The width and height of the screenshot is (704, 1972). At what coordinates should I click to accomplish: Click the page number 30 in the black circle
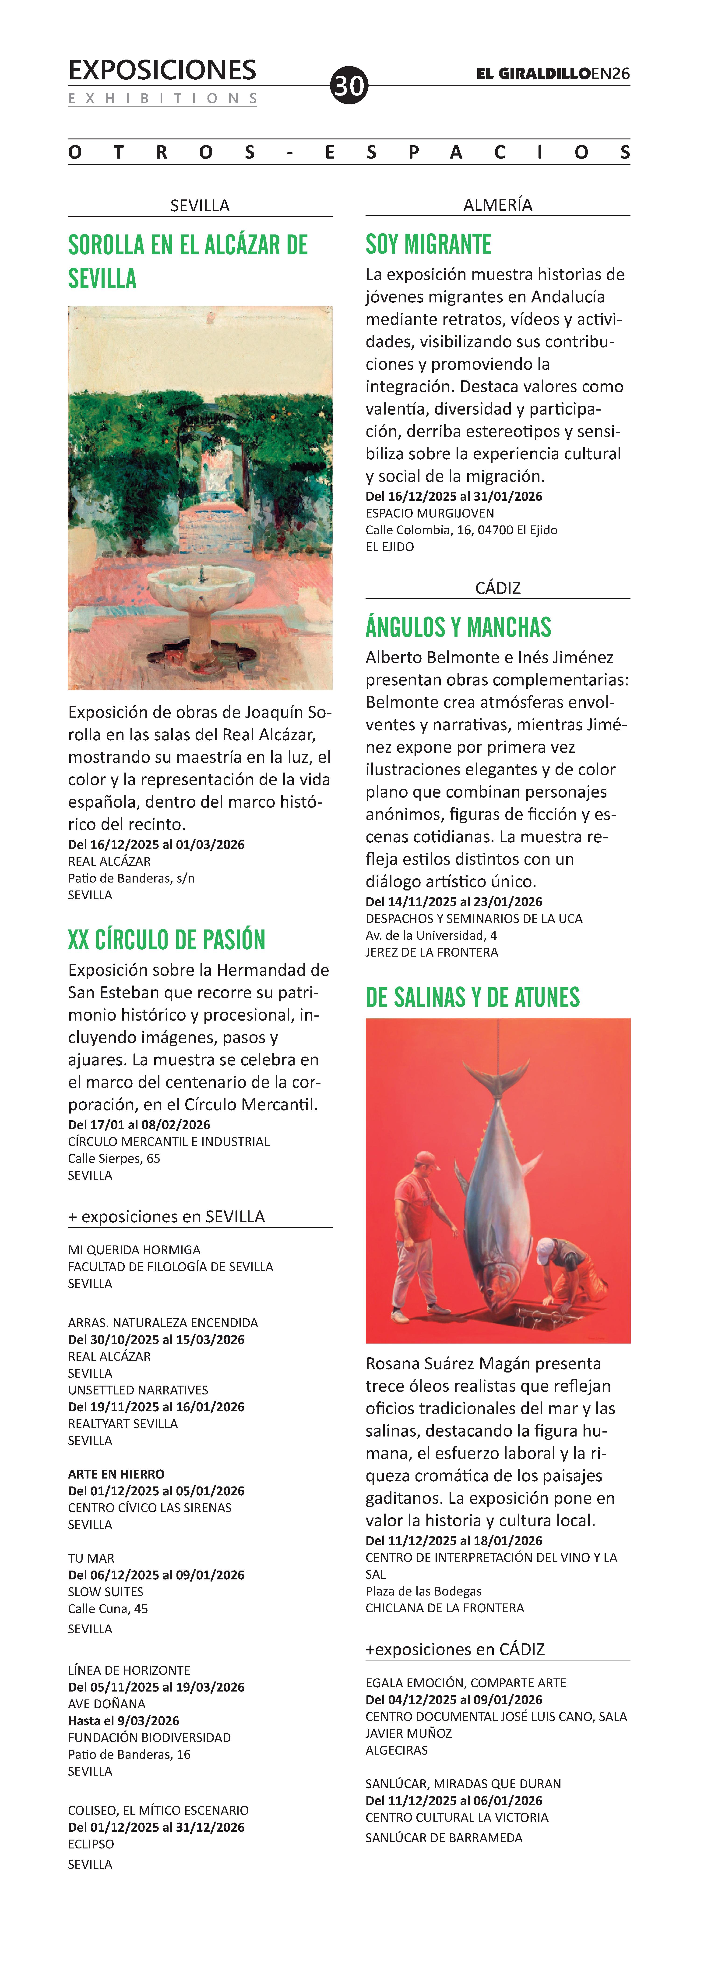click(349, 85)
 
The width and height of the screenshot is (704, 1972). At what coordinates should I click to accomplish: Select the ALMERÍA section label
click(497, 205)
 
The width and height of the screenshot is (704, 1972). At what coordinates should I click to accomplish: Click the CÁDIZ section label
click(497, 588)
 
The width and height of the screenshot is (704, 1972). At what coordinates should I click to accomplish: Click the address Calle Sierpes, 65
click(114, 1158)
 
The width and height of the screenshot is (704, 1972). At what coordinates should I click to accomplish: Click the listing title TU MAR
click(91, 1558)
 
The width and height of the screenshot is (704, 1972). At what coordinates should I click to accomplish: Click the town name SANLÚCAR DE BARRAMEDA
click(444, 1837)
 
